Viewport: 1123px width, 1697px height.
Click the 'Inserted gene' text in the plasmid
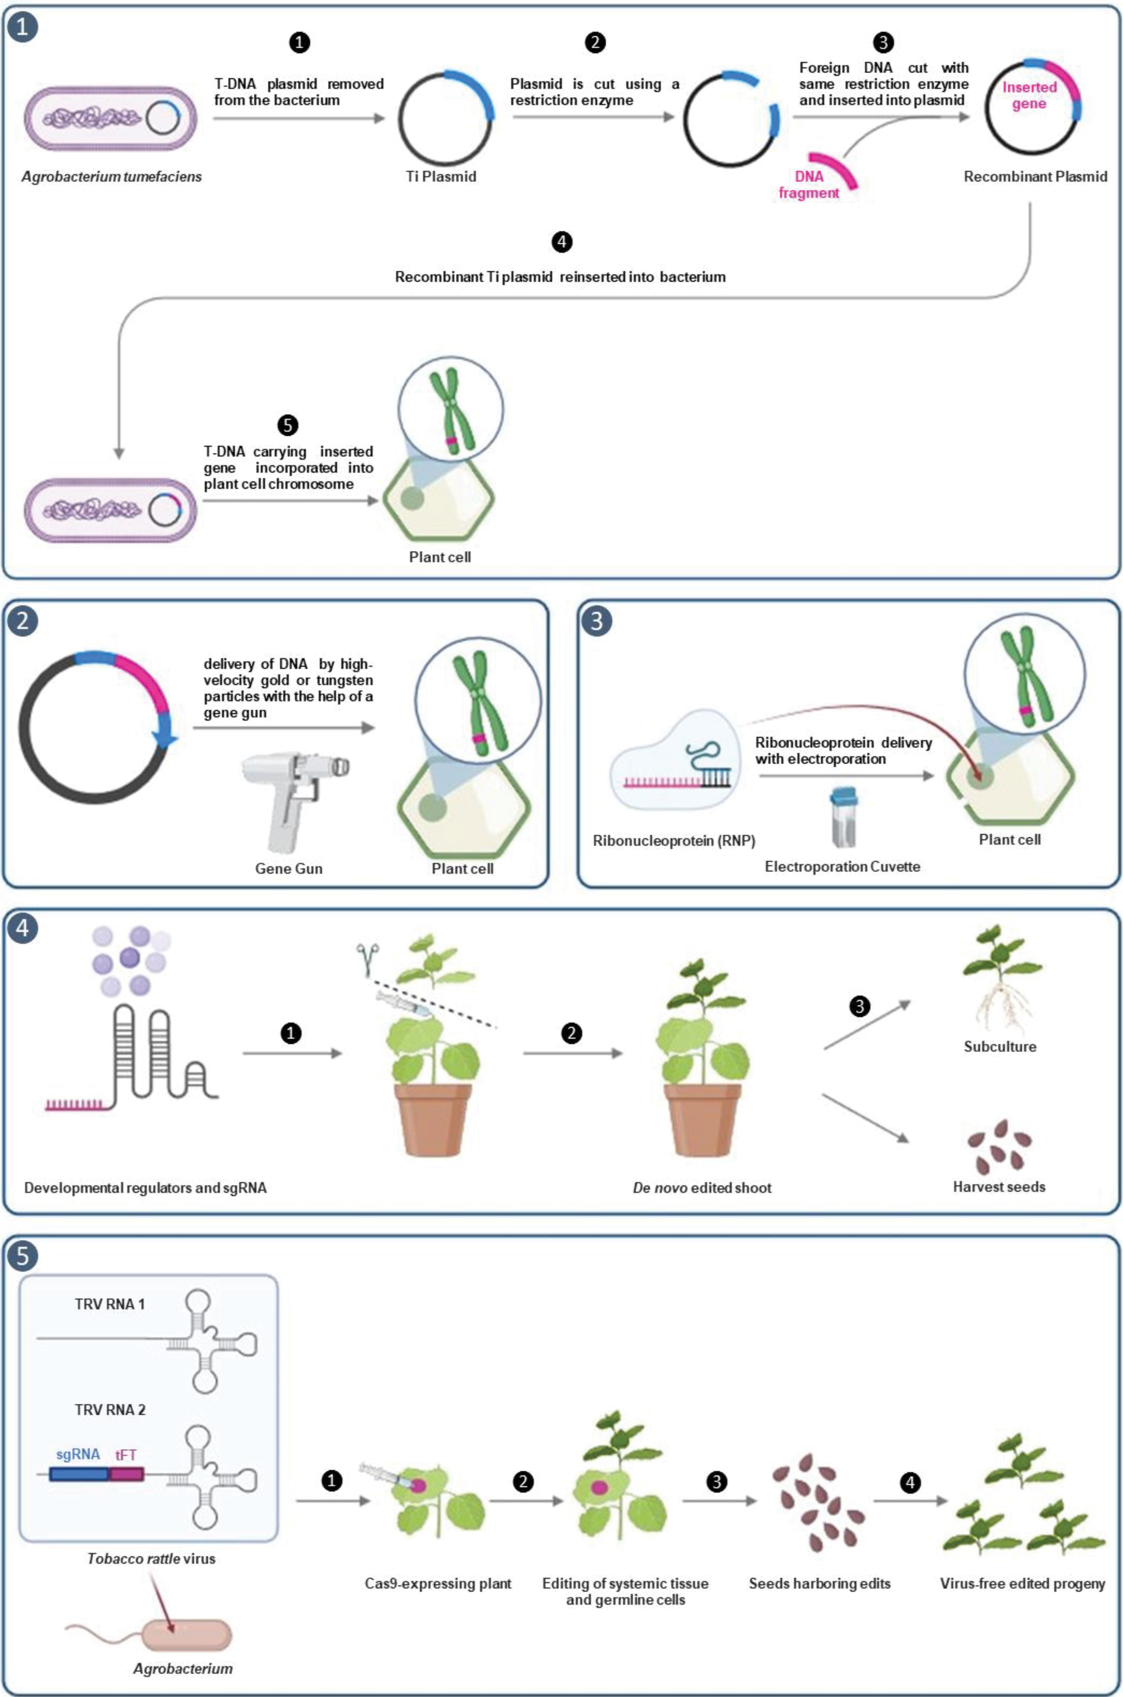pyautogui.click(x=1029, y=95)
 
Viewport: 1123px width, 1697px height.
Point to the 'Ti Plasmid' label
pyautogui.click(x=440, y=176)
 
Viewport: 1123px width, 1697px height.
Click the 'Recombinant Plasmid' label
pyautogui.click(x=1035, y=176)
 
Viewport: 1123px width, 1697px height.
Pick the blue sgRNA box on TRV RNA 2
pyautogui.click(x=79, y=1474)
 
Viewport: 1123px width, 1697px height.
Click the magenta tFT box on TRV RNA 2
pyautogui.click(x=127, y=1474)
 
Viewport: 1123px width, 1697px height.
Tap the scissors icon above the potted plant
pyautogui.click(x=369, y=958)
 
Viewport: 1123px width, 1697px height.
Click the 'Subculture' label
pyautogui.click(x=1000, y=1046)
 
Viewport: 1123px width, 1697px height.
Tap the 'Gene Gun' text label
pyautogui.click(x=289, y=868)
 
